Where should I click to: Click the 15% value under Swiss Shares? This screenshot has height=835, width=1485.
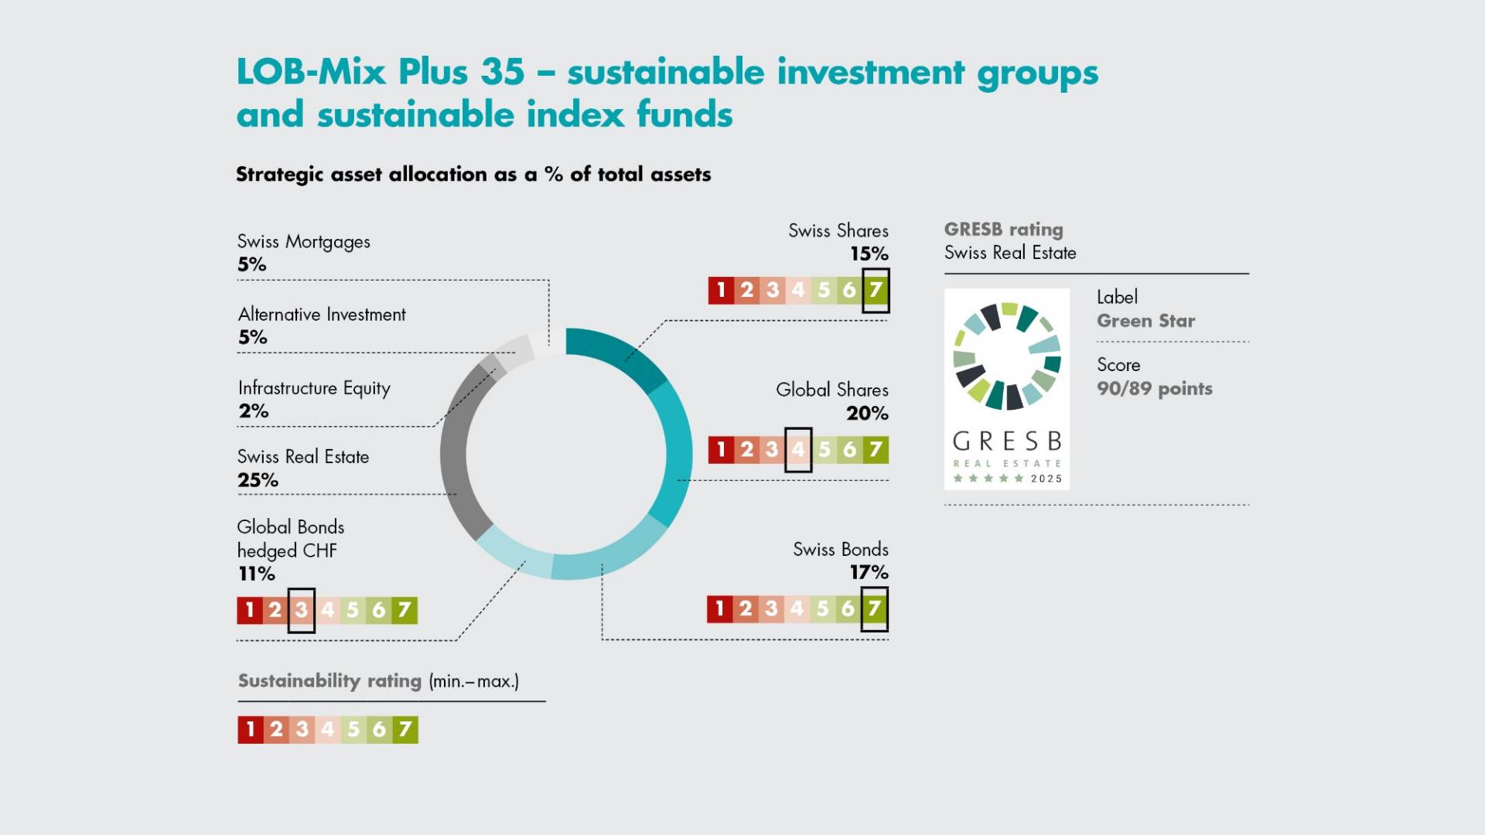[869, 254]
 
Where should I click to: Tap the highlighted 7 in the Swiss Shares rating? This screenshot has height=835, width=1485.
[876, 290]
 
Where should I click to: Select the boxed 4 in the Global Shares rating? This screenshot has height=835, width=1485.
[798, 449]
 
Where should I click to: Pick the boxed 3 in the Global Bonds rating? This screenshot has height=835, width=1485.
[302, 610]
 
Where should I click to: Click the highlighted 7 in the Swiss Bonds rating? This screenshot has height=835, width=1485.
[874, 608]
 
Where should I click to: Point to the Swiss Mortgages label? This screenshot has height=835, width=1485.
[303, 241]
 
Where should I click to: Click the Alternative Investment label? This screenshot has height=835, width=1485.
[322, 315]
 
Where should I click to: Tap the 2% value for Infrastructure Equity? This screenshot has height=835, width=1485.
[253, 411]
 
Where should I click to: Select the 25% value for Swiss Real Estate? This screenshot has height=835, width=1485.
[258, 480]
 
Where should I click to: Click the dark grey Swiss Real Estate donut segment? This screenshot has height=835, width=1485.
[456, 456]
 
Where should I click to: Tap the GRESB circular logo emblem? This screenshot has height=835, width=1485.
[1006, 356]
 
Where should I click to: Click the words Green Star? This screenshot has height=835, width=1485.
[1145, 321]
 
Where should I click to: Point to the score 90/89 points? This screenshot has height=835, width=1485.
[1154, 388]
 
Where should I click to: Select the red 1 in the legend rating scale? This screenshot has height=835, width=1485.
[250, 729]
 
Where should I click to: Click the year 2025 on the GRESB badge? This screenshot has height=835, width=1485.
[1046, 479]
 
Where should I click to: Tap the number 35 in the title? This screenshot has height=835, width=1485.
[502, 72]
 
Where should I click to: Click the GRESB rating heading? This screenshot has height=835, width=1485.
[1003, 230]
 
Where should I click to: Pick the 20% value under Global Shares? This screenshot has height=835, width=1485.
[867, 414]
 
